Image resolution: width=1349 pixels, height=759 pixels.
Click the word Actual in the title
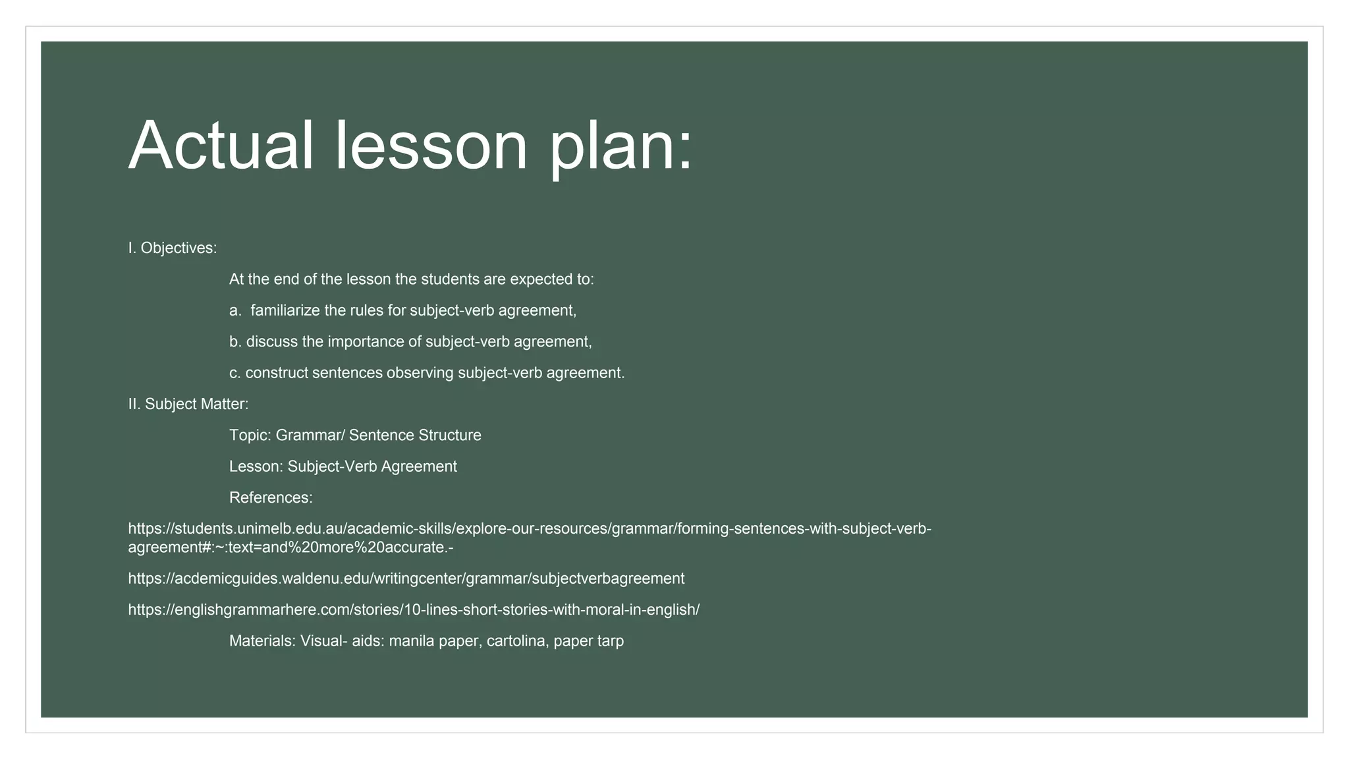coord(221,146)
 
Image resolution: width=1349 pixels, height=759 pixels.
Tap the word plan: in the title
coord(621,146)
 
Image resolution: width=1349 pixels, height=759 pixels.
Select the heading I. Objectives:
coord(173,248)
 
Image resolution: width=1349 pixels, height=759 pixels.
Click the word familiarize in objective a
coord(285,310)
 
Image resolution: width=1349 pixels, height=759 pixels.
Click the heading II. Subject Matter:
coord(188,404)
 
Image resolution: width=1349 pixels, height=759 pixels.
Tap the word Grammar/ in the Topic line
coord(310,436)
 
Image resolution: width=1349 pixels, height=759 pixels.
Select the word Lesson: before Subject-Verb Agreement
coord(256,466)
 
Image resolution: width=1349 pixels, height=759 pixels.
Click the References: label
coord(271,497)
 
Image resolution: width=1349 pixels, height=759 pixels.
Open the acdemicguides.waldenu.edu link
coord(406,578)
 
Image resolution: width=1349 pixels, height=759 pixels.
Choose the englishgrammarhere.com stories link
coord(414,609)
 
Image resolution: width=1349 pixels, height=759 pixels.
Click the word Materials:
coord(262,641)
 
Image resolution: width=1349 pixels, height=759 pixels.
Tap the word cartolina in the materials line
coord(517,641)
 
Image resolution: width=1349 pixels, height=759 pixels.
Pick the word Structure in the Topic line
coord(450,436)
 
